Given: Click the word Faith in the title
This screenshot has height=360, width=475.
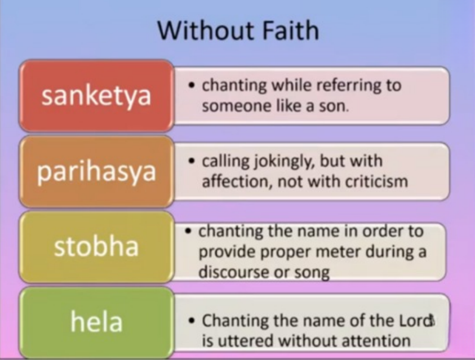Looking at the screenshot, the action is click(290, 30).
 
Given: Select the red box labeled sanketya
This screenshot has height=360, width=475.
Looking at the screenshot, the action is click(96, 96).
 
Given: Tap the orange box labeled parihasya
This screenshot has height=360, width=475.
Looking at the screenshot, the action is click(96, 171).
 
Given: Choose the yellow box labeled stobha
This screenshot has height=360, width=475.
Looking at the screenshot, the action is click(96, 247).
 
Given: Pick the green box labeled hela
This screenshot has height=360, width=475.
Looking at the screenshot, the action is click(96, 322).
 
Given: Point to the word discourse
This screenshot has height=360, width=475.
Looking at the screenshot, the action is click(234, 272).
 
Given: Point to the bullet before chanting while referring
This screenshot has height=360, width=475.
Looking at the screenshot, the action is click(191, 85).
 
